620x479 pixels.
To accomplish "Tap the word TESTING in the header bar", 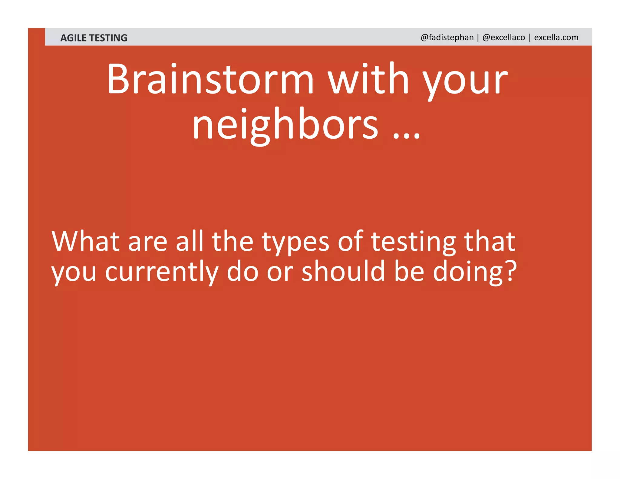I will click(108, 38).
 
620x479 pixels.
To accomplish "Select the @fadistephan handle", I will click(447, 37).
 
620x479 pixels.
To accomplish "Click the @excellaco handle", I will click(504, 37).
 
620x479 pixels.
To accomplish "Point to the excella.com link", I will click(556, 37).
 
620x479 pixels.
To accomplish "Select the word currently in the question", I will click(162, 272).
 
